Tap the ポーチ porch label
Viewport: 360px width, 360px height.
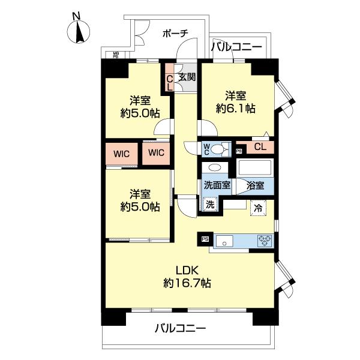click(x=175, y=34)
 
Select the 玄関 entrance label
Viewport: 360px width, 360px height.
click(x=187, y=77)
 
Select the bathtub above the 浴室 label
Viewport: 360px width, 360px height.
click(x=256, y=167)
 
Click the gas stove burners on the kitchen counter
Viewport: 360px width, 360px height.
click(x=265, y=241)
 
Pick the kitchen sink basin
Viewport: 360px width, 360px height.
click(x=227, y=242)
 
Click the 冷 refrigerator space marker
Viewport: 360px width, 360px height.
click(x=257, y=209)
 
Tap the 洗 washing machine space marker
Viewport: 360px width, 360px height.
click(x=209, y=204)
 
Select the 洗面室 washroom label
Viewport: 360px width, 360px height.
click(x=217, y=185)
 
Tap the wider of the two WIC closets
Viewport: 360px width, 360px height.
click(x=122, y=152)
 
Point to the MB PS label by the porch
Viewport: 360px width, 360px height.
click(x=116, y=56)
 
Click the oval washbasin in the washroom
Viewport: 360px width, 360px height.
click(x=214, y=169)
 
